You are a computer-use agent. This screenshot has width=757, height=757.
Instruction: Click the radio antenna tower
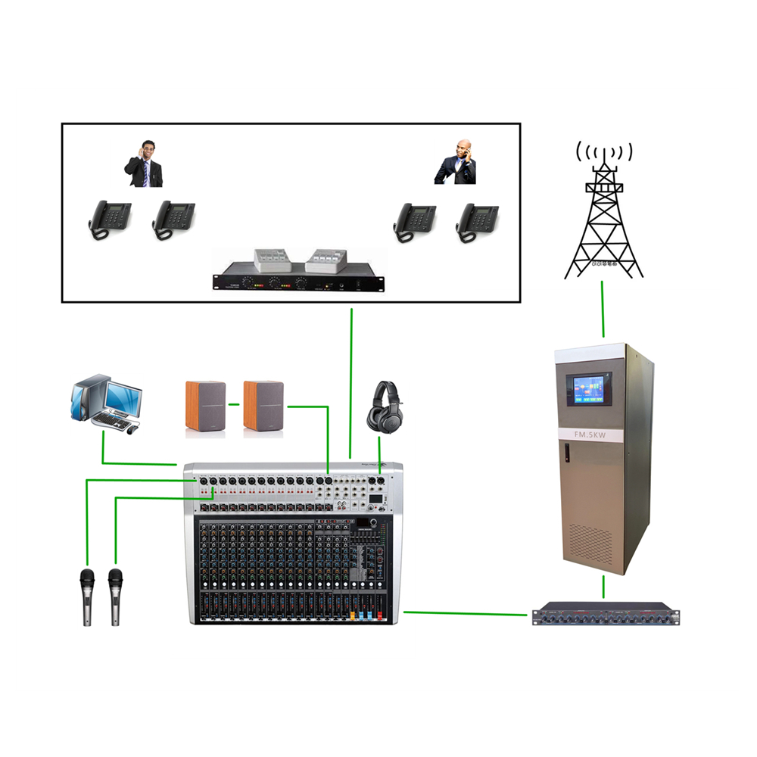[605, 220]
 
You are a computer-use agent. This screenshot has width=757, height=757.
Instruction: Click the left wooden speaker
[205, 408]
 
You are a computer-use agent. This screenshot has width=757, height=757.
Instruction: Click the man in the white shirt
[144, 164]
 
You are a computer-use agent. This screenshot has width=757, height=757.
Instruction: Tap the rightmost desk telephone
[476, 222]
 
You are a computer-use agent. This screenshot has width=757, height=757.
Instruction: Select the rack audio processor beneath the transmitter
[606, 614]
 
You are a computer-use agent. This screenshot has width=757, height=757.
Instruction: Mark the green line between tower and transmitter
[603, 310]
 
